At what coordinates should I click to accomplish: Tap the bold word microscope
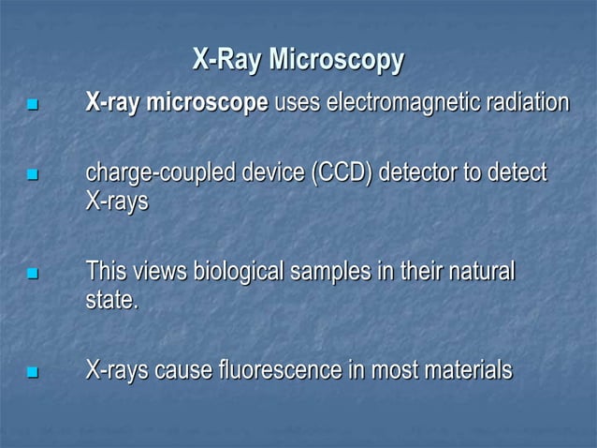tap(206, 102)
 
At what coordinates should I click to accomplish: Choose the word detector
tap(441, 174)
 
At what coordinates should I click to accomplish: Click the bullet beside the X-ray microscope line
tap(35, 105)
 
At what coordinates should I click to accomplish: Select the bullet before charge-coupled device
tap(35, 176)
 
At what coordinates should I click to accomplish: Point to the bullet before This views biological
tap(35, 276)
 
